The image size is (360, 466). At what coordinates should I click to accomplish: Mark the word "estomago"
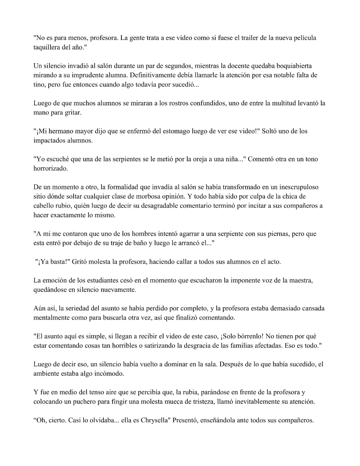click(170, 131)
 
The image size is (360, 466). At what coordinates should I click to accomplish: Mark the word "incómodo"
click(111, 374)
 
